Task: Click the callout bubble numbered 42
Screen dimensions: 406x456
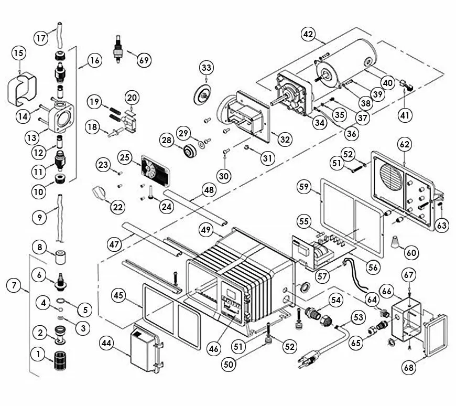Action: [309, 35]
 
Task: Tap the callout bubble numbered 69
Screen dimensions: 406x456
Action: [144, 59]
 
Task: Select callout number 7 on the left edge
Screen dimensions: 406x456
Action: [14, 285]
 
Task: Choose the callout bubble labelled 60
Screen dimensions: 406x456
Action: [412, 253]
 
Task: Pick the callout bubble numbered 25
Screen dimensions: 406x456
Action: [124, 157]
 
